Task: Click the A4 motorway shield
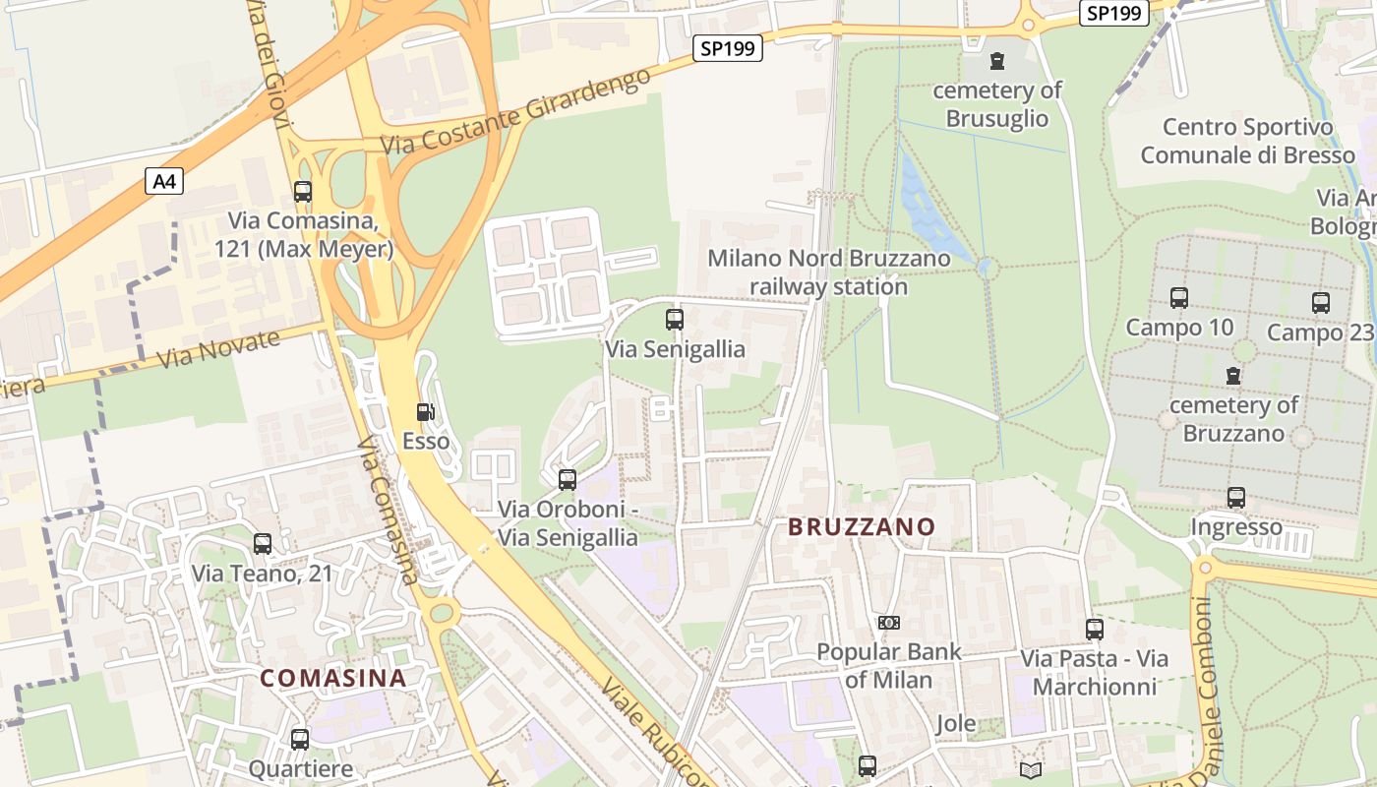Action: pyautogui.click(x=165, y=181)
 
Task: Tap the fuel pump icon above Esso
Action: pyautogui.click(x=425, y=412)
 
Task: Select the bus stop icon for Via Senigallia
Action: pyautogui.click(x=674, y=319)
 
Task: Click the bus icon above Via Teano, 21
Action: pyautogui.click(x=262, y=543)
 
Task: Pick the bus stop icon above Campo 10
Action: pyautogui.click(x=1178, y=297)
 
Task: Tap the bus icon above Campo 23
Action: pyautogui.click(x=1320, y=302)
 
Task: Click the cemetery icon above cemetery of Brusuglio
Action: pyautogui.click(x=997, y=61)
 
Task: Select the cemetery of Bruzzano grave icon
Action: pyautogui.click(x=1232, y=375)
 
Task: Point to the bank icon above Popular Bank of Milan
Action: pyautogui.click(x=888, y=622)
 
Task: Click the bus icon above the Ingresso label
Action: pyautogui.click(x=1235, y=497)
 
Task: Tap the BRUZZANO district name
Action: pyautogui.click(x=862, y=527)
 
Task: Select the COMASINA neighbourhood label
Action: pyautogui.click(x=333, y=678)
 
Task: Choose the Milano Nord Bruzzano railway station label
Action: pyautogui.click(x=829, y=272)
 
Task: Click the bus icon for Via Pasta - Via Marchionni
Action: pyautogui.click(x=1094, y=629)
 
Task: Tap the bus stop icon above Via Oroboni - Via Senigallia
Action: pyautogui.click(x=567, y=480)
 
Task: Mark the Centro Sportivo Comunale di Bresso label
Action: pyautogui.click(x=1247, y=141)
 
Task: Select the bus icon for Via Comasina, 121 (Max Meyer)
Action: pyautogui.click(x=302, y=192)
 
